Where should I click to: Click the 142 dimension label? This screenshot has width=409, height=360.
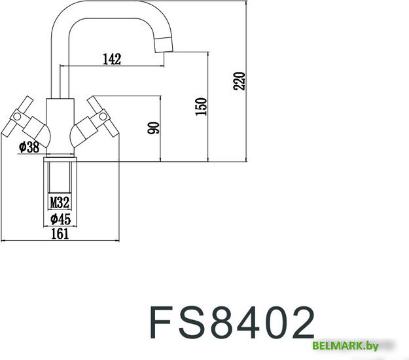(112, 59)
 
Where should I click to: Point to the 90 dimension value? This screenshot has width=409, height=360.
(154, 128)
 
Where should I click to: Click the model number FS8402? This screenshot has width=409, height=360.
(232, 323)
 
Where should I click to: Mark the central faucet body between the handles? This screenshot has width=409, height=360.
(60, 124)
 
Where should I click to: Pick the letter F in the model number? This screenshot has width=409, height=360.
(161, 323)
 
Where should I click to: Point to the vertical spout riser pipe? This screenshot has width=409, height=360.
(57, 65)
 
